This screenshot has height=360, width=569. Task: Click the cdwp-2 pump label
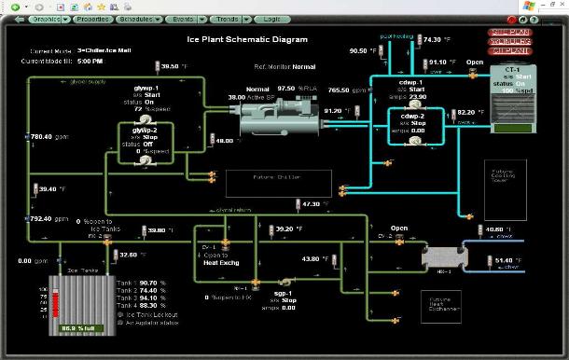pyautogui.click(x=410, y=118)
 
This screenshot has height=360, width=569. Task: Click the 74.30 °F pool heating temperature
pyautogui.click(x=437, y=40)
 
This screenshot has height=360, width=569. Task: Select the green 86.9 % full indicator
pyautogui.click(x=78, y=329)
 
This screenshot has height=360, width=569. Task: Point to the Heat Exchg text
pyautogui.click(x=223, y=262)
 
